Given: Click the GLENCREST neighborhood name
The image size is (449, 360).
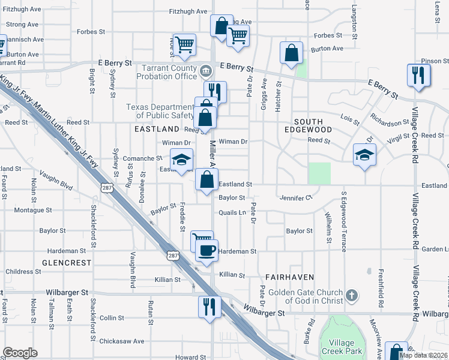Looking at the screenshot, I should pos(67,263).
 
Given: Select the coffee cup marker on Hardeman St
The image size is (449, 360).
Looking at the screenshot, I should pos(206,251).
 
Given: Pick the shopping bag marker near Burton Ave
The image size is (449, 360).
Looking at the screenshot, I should pos(291,53).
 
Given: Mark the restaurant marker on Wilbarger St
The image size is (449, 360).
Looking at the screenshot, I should pos(209,305).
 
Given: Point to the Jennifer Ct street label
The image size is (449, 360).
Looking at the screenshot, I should pos(296,197).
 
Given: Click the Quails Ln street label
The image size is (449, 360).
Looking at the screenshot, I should pos(233,212).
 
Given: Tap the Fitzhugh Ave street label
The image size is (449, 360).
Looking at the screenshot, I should pos(188,11).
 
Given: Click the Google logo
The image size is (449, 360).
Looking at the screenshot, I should pos(20,353).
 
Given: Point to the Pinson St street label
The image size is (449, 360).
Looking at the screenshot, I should pos(435,61).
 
